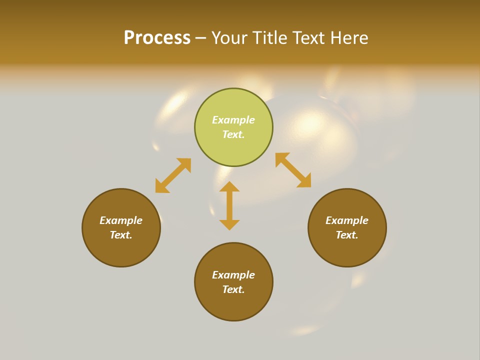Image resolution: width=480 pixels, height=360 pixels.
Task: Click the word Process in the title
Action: (x=157, y=38)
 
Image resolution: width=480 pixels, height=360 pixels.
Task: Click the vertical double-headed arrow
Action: (x=229, y=205)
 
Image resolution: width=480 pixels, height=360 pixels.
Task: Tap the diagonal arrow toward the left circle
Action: (x=173, y=175)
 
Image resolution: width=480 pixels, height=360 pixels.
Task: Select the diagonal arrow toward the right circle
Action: (x=293, y=170)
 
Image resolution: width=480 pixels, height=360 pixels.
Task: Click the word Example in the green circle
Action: (x=233, y=120)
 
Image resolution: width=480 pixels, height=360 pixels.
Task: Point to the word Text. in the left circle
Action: (x=121, y=235)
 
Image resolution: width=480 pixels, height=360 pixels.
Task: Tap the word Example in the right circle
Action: (x=347, y=220)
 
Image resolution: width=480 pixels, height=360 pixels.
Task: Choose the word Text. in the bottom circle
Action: (x=233, y=289)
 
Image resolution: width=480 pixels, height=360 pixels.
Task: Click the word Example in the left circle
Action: (x=121, y=220)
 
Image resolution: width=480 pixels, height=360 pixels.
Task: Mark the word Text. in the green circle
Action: (x=233, y=134)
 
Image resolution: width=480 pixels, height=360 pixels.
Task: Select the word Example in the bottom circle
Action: (x=233, y=275)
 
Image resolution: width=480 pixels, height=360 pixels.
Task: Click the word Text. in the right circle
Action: (x=347, y=235)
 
